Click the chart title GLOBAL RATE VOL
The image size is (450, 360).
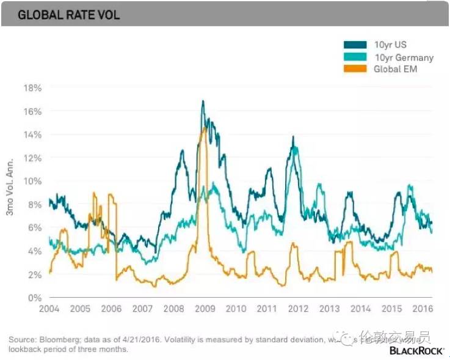(x=68, y=15)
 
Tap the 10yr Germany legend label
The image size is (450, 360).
(x=404, y=57)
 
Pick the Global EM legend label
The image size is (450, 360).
(x=395, y=69)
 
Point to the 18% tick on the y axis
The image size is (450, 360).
(x=32, y=88)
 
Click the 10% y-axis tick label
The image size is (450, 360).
(x=32, y=181)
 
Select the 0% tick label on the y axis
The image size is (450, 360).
(x=34, y=298)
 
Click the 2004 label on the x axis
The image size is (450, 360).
(x=49, y=309)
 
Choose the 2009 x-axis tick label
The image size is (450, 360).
(x=205, y=309)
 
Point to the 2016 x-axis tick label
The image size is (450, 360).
(x=423, y=309)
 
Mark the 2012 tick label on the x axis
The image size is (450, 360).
(x=298, y=309)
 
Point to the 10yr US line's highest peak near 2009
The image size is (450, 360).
(x=203, y=101)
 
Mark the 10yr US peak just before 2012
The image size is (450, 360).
(x=293, y=136)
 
